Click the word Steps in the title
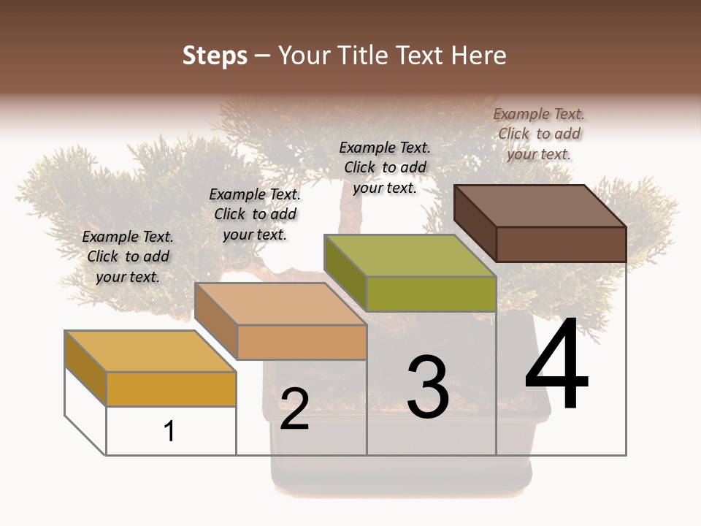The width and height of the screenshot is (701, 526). click(215, 56)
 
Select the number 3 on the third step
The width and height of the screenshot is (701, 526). click(427, 387)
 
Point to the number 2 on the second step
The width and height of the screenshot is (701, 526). click(294, 409)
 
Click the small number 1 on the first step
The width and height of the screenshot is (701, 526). click(169, 431)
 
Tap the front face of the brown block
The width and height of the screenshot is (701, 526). click(561, 244)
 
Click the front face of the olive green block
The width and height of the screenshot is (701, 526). click(431, 294)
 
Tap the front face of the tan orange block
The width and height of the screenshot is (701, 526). click(302, 342)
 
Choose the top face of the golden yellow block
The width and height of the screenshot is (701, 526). click(150, 351)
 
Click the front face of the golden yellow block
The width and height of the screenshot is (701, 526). click(171, 389)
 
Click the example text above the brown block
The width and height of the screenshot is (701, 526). click(539, 134)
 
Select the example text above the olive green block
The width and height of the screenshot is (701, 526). click(385, 167)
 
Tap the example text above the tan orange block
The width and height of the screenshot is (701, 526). click(255, 214)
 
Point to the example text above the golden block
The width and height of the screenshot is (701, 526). click(128, 256)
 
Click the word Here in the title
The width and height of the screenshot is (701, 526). click(479, 56)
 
